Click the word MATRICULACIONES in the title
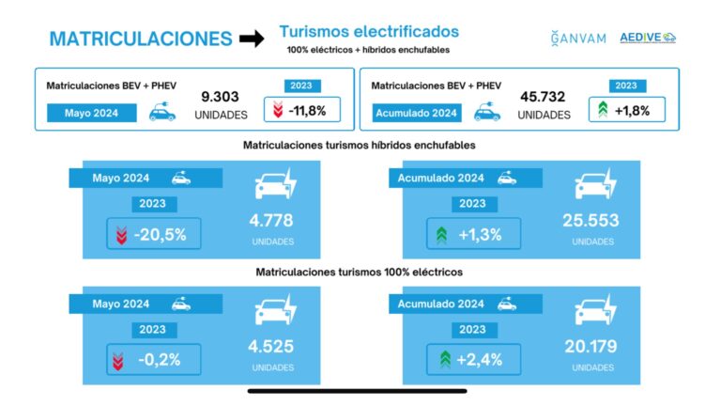(x=141, y=39)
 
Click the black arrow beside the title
(x=251, y=39)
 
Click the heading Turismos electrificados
(x=369, y=31)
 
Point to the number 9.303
(x=220, y=96)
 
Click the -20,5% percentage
(x=159, y=234)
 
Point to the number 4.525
(x=272, y=348)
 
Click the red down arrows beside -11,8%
(x=276, y=110)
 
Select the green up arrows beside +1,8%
(x=602, y=110)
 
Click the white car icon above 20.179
(x=595, y=310)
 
